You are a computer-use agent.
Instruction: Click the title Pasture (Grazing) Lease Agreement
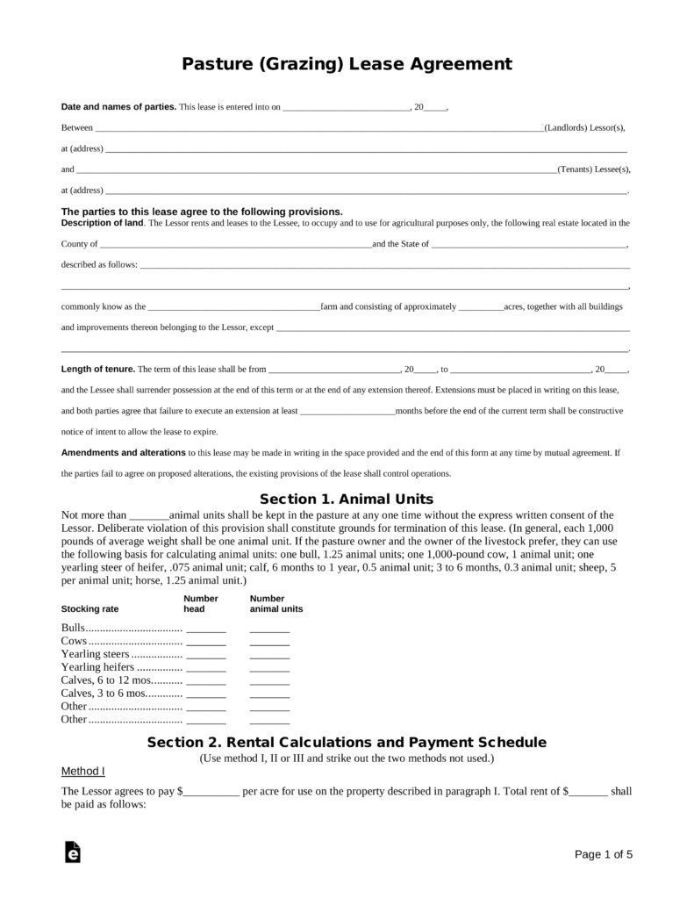point(347,64)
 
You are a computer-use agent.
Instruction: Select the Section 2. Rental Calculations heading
point(347,742)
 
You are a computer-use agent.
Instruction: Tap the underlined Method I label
point(82,772)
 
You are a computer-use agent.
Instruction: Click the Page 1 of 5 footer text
point(603,853)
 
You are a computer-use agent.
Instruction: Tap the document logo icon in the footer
point(73,853)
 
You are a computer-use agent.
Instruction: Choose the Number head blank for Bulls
point(206,629)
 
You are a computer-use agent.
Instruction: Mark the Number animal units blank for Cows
point(269,642)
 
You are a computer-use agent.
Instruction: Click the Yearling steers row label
point(95,654)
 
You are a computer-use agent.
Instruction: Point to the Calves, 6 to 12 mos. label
point(105,680)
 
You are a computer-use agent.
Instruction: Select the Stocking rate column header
point(89,608)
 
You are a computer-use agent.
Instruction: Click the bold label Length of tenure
point(97,369)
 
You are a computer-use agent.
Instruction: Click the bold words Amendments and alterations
point(124,453)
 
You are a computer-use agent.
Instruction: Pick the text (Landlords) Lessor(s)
point(584,128)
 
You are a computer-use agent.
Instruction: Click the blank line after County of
point(236,245)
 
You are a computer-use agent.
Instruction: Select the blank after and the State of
point(529,245)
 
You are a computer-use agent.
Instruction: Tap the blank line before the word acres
point(481,307)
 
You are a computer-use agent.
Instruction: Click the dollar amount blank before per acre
point(211,792)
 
